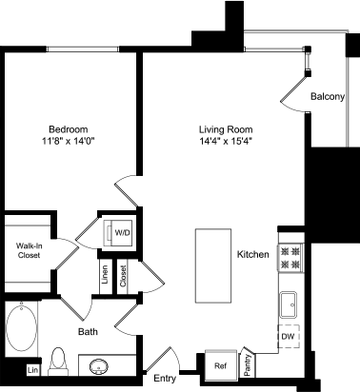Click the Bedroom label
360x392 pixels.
click(69, 129)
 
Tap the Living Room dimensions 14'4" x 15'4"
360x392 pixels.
click(231, 142)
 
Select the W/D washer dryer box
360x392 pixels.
click(122, 233)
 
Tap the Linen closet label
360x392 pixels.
click(105, 277)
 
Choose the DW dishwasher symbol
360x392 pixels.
click(287, 337)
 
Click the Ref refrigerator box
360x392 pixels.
click(219, 364)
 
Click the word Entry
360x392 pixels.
click(166, 380)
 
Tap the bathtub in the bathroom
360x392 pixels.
click(20, 328)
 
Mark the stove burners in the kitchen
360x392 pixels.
click(290, 255)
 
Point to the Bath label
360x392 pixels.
click(88, 332)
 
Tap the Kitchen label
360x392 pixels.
click(253, 255)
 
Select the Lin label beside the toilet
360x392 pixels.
click(32, 369)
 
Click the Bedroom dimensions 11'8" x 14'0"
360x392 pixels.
click(69, 142)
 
